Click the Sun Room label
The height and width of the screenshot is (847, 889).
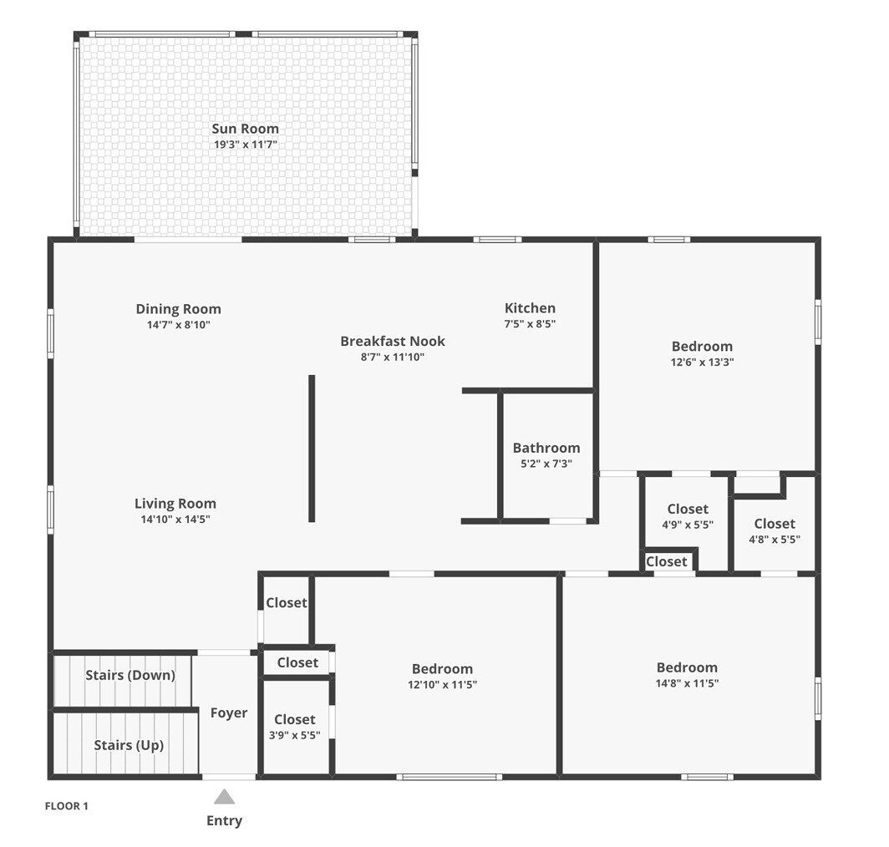(245, 129)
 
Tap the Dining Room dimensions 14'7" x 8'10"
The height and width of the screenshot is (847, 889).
(179, 325)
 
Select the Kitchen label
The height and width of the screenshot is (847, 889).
(530, 308)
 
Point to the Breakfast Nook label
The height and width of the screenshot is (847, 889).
(393, 341)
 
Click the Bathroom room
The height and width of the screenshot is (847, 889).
(546, 455)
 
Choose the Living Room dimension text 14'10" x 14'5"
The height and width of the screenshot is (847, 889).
(175, 520)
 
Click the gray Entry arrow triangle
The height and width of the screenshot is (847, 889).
(224, 797)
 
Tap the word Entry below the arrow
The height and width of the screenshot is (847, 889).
(224, 820)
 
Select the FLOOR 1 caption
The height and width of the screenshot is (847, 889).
(66, 806)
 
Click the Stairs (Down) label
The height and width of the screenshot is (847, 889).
(130, 675)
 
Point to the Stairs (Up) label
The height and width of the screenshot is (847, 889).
(129, 745)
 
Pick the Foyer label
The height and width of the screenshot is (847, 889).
(228, 713)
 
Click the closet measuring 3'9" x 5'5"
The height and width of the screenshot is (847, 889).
(295, 727)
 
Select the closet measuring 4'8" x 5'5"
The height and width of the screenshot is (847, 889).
(775, 530)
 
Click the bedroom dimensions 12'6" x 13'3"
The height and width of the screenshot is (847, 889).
(703, 363)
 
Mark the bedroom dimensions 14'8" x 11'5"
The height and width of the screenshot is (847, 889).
(687, 684)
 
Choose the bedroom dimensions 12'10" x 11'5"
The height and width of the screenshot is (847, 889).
(442, 685)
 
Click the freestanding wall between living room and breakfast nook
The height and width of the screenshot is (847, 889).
(312, 448)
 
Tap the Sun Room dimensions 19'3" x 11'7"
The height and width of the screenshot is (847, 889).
(245, 145)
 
